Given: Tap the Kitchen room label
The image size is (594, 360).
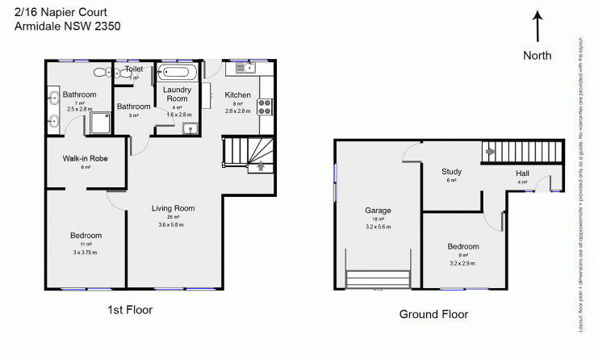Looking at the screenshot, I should (x=238, y=94).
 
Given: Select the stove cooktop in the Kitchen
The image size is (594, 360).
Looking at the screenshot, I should (x=266, y=106).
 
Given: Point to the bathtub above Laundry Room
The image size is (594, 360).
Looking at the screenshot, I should (x=173, y=70).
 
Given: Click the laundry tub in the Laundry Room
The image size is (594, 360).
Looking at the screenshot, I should (x=190, y=129).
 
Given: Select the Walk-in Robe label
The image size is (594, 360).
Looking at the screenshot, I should (x=86, y=158).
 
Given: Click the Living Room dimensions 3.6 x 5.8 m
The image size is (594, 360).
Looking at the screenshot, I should (x=174, y=224).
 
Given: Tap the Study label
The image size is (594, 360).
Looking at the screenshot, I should (x=451, y=172).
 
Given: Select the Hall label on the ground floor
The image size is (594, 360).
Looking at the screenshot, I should (x=524, y=173).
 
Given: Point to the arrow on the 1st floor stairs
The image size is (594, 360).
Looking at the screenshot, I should (x=260, y=166).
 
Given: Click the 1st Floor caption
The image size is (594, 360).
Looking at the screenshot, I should (x=129, y=309).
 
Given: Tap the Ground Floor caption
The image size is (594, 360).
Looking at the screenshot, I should (x=433, y=314).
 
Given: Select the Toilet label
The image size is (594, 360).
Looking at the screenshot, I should (x=134, y=69).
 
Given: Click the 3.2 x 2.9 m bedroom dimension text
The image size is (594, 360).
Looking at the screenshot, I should (x=463, y=263).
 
